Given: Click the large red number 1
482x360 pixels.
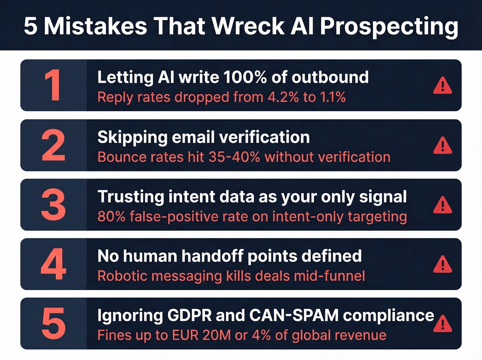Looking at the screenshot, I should click(x=53, y=85).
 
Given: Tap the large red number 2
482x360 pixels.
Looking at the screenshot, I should click(x=53, y=145).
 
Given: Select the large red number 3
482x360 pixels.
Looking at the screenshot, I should click(x=53, y=205).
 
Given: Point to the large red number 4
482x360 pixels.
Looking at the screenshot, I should click(x=53, y=264).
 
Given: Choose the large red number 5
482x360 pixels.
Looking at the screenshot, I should click(x=53, y=323).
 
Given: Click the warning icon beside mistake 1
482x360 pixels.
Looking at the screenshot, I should click(x=442, y=86).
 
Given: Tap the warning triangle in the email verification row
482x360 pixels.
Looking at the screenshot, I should click(x=442, y=145).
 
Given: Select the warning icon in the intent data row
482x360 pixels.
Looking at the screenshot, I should click(x=442, y=205).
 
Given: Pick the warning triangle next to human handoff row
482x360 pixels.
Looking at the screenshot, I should click(x=442, y=265).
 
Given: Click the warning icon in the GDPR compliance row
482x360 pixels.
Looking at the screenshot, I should click(x=442, y=324).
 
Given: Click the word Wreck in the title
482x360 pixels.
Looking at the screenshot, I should click(x=248, y=26).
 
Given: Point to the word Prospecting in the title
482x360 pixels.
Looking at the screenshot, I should click(x=389, y=27).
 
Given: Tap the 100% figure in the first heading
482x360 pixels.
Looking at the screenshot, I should click(x=245, y=77).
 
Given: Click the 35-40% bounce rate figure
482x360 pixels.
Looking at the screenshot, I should click(x=234, y=157).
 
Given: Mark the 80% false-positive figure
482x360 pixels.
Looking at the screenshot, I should click(x=111, y=217).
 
